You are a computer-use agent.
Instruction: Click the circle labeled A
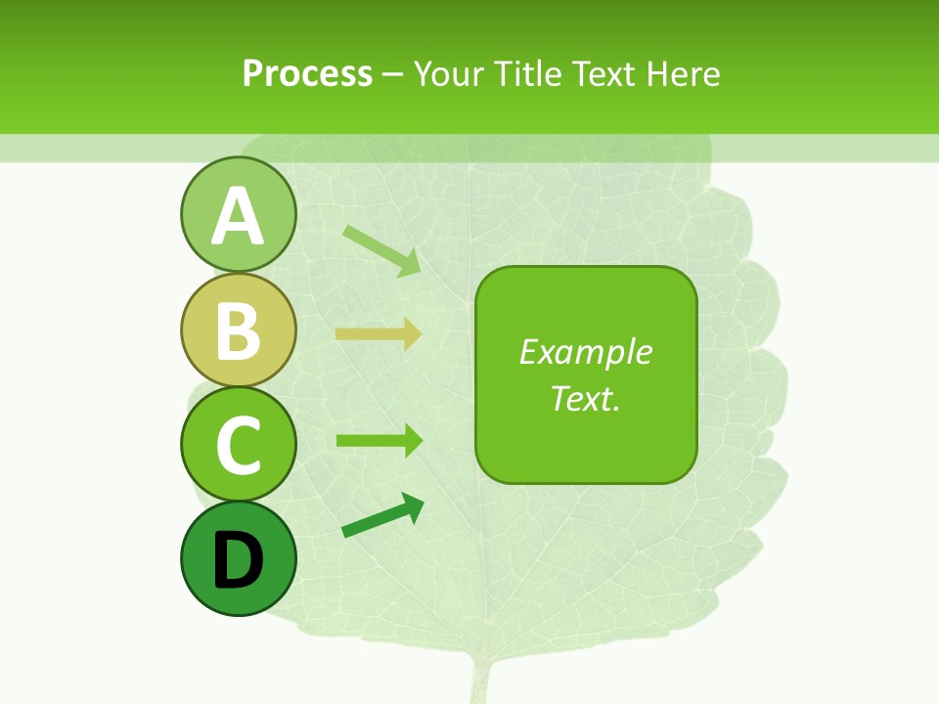[x=238, y=214]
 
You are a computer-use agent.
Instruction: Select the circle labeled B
[x=238, y=330]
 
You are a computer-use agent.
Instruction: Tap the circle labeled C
[x=238, y=444]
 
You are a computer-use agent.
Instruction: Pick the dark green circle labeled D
[x=238, y=558]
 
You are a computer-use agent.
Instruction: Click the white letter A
[x=238, y=216]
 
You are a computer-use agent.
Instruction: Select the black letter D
[x=238, y=560]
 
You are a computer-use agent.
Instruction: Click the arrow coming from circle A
[x=381, y=250]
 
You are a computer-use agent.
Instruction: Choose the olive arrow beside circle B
[x=379, y=334]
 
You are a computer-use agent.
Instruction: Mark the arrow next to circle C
[x=379, y=441]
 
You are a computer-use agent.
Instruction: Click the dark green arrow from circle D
[x=382, y=516]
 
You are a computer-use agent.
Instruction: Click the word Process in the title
[x=307, y=73]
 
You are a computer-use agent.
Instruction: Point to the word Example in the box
[x=585, y=352]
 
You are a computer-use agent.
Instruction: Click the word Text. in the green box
[x=585, y=398]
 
